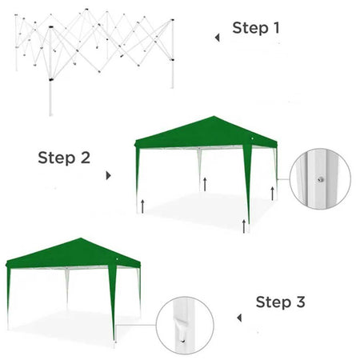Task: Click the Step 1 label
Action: click(x=256, y=29)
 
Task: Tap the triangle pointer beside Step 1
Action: click(x=216, y=37)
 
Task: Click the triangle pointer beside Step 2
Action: click(x=109, y=174)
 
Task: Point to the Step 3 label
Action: click(x=280, y=302)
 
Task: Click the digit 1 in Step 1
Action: click(x=276, y=29)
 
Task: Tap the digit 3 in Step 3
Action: click(x=300, y=302)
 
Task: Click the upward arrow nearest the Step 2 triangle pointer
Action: click(x=142, y=205)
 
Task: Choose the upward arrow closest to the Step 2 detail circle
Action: click(x=274, y=193)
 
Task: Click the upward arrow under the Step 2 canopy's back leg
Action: click(x=206, y=184)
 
